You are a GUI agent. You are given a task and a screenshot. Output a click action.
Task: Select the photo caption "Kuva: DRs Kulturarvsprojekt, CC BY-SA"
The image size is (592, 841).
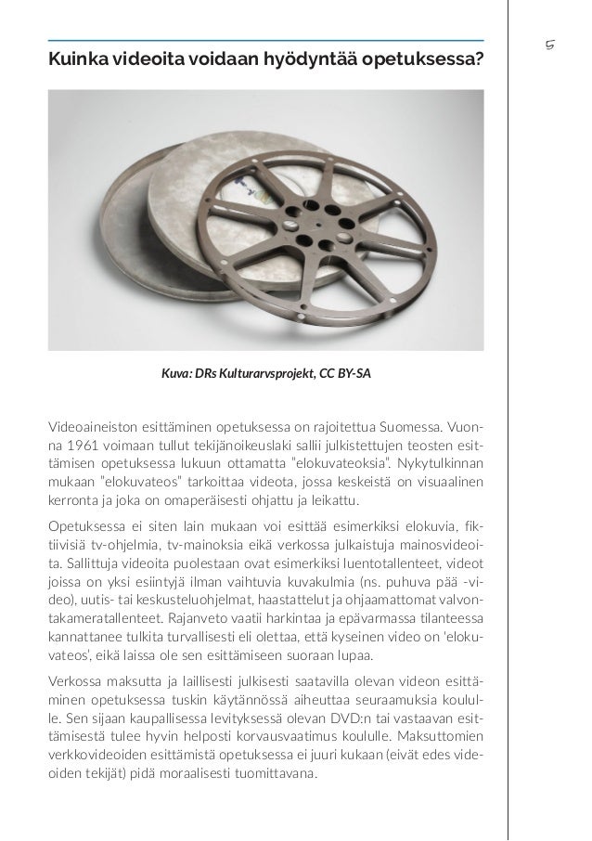click(x=265, y=376)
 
